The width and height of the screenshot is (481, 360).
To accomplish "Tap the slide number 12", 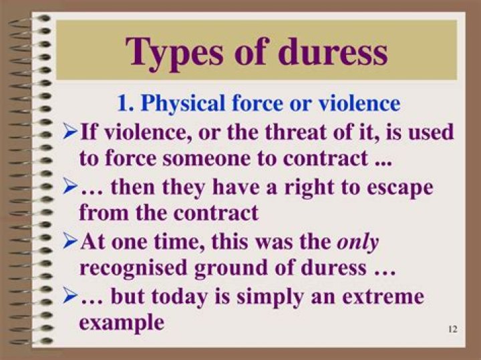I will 452,329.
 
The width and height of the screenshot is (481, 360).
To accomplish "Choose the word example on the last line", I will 121,322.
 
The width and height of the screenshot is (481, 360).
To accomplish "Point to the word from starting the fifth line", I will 98,213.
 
